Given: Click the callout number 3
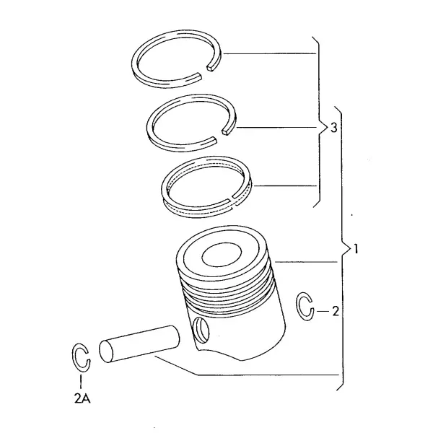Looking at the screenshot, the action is (334, 128).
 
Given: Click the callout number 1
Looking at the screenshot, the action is (356, 249).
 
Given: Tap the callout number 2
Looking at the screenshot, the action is (336, 312).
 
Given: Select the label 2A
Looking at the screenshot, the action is (82, 398).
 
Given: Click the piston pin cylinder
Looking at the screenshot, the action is (139, 344).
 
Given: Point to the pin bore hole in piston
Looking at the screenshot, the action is (201, 331).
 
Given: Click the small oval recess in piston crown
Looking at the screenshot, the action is (222, 254).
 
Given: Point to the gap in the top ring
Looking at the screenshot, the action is (204, 71).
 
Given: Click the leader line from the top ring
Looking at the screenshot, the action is (269, 53).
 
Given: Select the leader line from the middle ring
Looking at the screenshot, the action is (276, 127).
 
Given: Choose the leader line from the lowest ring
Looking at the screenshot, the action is (285, 186).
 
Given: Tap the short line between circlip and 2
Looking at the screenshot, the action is (323, 311).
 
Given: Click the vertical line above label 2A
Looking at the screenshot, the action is (81, 382).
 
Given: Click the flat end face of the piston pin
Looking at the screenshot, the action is (106, 352).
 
